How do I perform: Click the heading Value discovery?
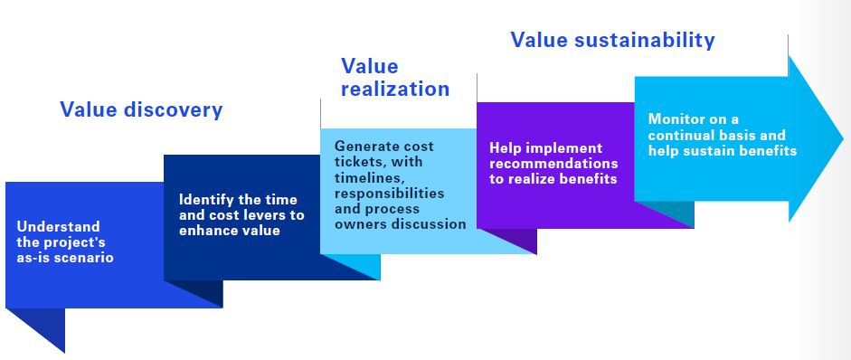pyautogui.click(x=141, y=109)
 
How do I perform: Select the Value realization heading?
pyautogui.click(x=395, y=78)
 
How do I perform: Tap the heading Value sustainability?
pyautogui.click(x=613, y=40)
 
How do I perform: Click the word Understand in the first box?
pyautogui.click(x=58, y=226)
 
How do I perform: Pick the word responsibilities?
pyautogui.click(x=389, y=194)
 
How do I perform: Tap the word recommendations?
pyautogui.click(x=553, y=164)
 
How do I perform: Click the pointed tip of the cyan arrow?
pyautogui.click(x=844, y=137)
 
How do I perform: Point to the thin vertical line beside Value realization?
pyautogui.click(x=320, y=113)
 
